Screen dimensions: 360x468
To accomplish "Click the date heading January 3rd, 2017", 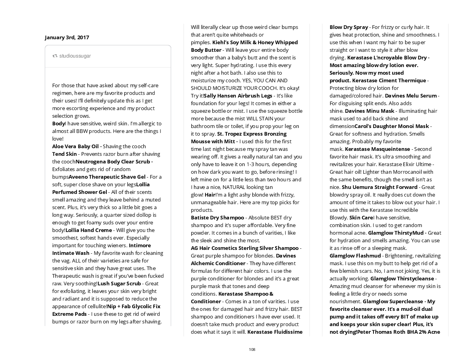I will (x=67, y=37).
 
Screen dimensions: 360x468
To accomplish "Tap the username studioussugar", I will (x=75, y=56).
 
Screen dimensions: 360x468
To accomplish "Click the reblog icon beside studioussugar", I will (x=55, y=56).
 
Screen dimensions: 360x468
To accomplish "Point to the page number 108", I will (x=252, y=349).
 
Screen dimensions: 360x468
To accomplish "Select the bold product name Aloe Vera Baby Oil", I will (x=75, y=146).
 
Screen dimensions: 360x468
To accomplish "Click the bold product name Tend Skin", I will (x=64, y=154).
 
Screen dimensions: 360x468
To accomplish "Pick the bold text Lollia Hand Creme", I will (x=89, y=230).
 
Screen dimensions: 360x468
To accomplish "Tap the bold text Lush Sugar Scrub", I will (x=119, y=283).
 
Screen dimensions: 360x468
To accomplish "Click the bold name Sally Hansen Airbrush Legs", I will (x=238, y=96).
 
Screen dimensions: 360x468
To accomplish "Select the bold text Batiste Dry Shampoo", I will (x=217, y=218).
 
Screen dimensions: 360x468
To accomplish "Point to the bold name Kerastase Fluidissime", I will (x=275, y=332).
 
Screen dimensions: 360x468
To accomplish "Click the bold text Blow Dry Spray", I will (x=349, y=27).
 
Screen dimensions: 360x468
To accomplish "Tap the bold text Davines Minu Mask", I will (x=370, y=111).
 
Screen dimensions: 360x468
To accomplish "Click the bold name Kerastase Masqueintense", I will (x=377, y=149).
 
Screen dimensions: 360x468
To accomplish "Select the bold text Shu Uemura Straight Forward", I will (x=380, y=187).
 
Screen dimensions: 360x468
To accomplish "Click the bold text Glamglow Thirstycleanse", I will (x=402, y=278).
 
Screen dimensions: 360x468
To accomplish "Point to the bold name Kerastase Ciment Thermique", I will (x=389, y=80).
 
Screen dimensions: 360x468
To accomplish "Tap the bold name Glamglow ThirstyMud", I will (x=396, y=233).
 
